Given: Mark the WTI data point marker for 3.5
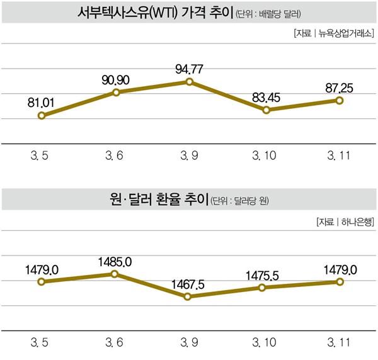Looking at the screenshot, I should pos(42,116).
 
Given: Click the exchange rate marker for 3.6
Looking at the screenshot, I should pos(115,274).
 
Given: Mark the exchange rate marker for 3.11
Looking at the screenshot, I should pos(340,281).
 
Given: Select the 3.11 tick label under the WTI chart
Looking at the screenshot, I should pos(339,154).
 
